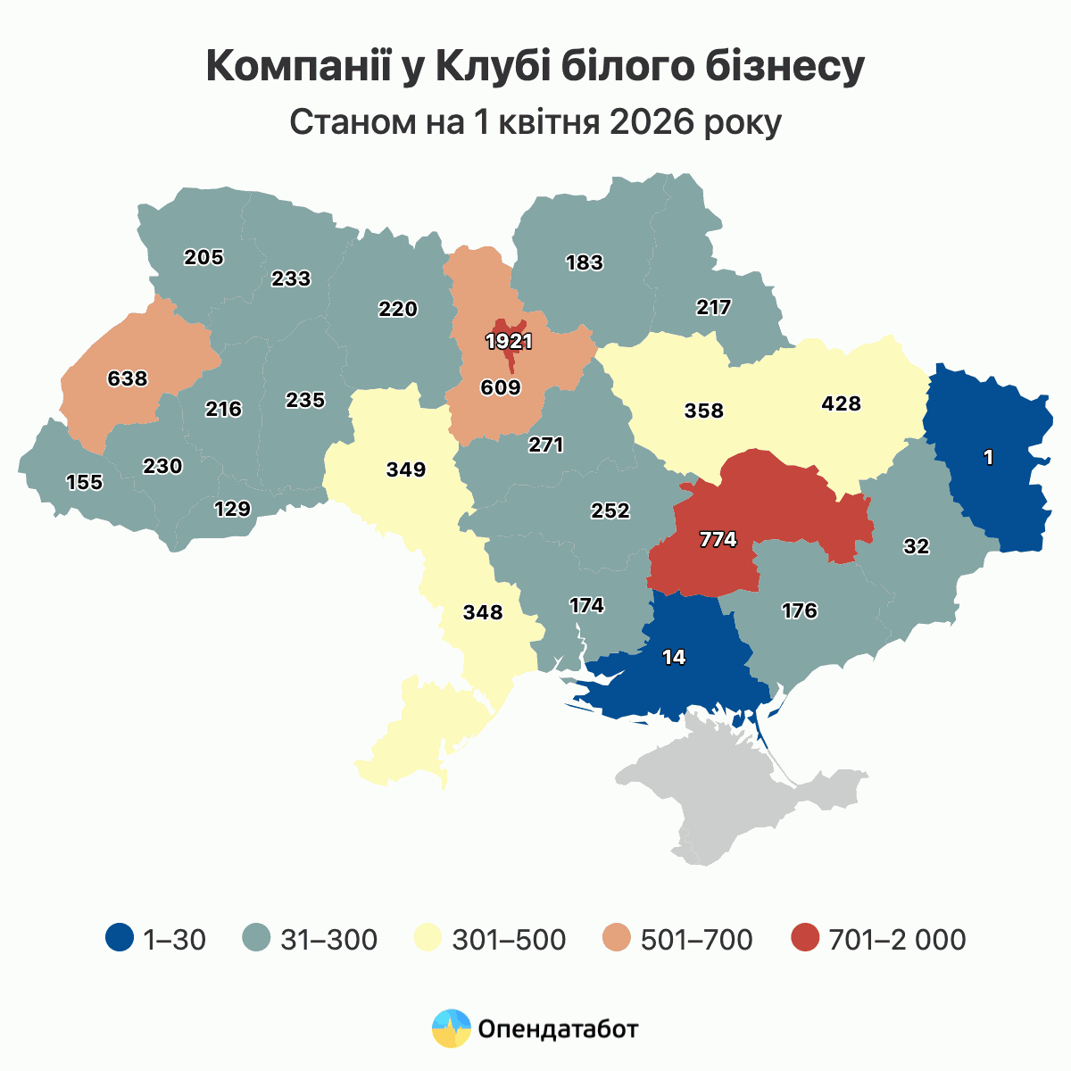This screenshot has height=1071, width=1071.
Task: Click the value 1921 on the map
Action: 509,341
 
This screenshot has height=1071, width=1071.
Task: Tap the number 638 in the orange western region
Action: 127,378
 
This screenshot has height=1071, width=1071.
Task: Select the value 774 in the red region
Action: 718,539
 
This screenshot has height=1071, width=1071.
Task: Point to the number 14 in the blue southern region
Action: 674,657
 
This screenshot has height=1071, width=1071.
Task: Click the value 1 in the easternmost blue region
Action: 988,458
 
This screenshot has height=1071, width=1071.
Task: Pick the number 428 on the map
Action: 841,403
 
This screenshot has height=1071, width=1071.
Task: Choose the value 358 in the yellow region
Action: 703,411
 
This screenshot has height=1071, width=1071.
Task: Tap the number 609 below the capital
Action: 500,387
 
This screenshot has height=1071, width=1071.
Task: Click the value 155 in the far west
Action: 85,483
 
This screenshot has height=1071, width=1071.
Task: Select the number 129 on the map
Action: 233,509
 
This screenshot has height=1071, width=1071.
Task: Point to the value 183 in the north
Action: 585,262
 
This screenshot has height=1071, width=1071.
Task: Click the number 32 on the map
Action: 916,547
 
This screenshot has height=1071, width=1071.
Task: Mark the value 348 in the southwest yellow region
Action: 483,613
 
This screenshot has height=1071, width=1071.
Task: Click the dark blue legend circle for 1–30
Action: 120,939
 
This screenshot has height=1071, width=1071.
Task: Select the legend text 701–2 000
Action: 897,940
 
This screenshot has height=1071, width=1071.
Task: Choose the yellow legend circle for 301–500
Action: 429,939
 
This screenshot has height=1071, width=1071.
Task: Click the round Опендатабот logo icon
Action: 451,1029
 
